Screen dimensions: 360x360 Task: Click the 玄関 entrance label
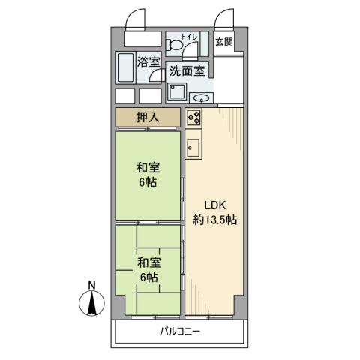tap(223, 42)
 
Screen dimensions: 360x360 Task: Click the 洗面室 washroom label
tap(186, 72)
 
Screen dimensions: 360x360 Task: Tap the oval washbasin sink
tap(200, 98)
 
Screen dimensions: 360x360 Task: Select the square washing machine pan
tap(178, 93)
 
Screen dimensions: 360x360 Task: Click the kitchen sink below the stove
tap(194, 147)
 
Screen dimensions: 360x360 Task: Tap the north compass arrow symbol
tap(91, 304)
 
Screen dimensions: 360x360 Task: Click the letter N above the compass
tap(91, 284)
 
